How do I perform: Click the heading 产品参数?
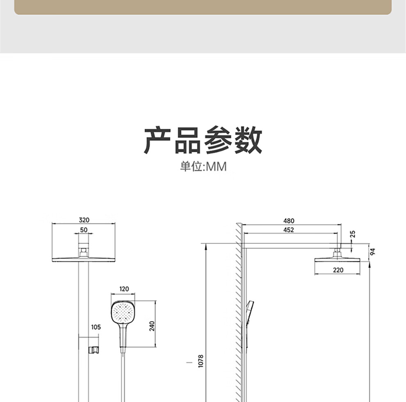tap(203, 140)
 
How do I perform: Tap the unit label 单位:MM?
tap(203, 167)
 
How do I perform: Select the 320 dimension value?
tap(84, 220)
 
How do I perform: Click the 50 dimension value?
tap(84, 230)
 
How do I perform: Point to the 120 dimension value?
tap(124, 289)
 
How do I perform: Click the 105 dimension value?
tap(96, 327)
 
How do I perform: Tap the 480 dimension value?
tap(289, 221)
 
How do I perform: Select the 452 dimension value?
tap(289, 230)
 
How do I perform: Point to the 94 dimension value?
tap(372, 251)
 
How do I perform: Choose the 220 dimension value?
tap(338, 270)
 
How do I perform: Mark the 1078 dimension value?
tap(201, 361)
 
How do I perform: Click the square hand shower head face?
tap(123, 311)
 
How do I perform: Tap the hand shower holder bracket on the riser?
tap(94, 349)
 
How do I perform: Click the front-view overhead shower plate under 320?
tap(84, 259)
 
